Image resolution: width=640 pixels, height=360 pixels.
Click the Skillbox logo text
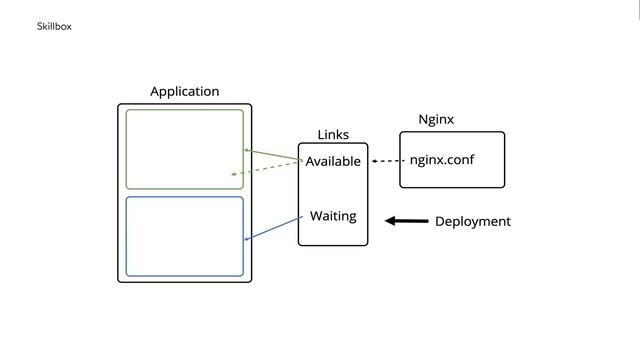click(54, 26)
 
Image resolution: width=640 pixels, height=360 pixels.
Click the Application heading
click(184, 91)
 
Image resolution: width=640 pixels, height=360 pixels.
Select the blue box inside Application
click(184, 236)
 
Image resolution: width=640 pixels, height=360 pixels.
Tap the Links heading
click(333, 135)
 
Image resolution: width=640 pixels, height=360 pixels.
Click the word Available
click(333, 161)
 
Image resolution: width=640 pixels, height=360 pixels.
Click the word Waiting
click(333, 216)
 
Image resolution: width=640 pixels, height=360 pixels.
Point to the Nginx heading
click(436, 119)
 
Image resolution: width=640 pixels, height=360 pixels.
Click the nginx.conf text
click(442, 160)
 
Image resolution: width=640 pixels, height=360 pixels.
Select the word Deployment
click(472, 221)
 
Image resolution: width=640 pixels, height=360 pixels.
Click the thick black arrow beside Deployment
click(408, 221)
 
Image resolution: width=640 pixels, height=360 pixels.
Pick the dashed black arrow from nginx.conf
click(388, 161)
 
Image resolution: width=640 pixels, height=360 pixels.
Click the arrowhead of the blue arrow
click(248, 239)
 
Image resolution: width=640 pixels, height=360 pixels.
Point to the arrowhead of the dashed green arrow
click(233, 174)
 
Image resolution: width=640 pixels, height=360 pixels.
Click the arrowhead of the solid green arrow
click(247, 150)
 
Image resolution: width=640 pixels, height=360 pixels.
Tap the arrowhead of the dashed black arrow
click(374, 161)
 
